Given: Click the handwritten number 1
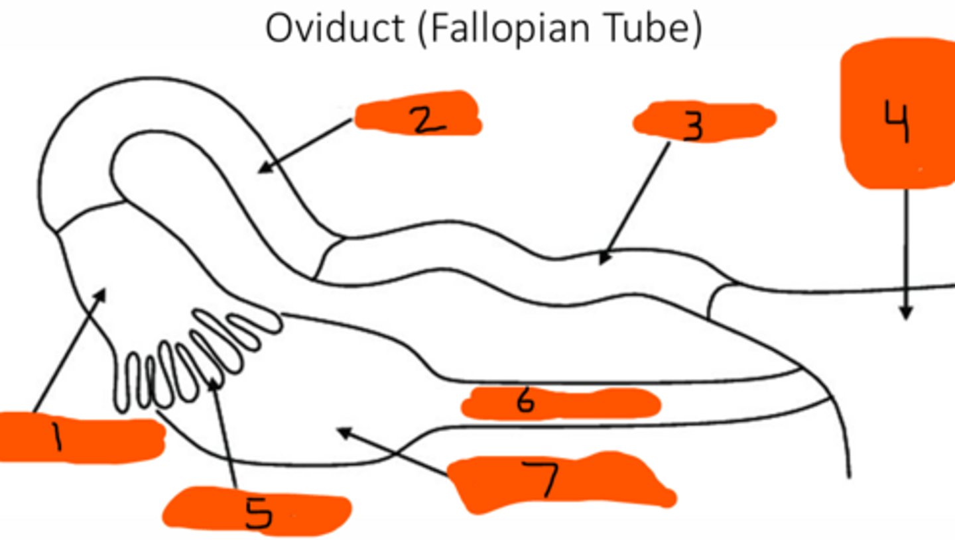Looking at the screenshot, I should [x=58, y=438].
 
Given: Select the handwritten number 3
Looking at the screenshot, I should [x=692, y=126].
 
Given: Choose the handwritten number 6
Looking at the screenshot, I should [x=525, y=402].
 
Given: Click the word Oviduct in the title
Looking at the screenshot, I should [x=336, y=29].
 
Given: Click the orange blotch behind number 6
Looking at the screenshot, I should [x=597, y=403].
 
